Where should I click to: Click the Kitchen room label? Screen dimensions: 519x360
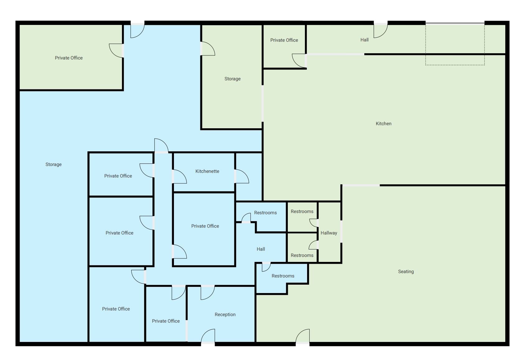(383, 124)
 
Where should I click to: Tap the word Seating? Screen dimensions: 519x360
(406, 271)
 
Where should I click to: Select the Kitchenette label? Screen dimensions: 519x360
(207, 171)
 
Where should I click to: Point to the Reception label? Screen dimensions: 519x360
(225, 315)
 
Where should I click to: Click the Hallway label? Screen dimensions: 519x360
(329, 233)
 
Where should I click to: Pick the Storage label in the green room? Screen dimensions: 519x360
(232, 79)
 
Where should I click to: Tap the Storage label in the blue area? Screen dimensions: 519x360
(54, 164)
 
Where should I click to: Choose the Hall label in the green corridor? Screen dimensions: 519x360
(364, 40)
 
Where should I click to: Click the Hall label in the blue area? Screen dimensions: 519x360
(261, 249)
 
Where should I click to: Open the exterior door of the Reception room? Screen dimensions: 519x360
(208, 336)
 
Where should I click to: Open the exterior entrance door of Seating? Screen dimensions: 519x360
(302, 336)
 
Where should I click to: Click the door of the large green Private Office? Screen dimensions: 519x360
(116, 50)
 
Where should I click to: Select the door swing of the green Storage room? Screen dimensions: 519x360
(208, 49)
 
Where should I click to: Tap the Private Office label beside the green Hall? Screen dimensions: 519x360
(284, 40)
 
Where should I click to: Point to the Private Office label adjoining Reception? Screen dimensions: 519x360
(166, 321)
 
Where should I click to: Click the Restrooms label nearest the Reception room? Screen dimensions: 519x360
(283, 276)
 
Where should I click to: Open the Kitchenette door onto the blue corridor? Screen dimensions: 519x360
(180, 177)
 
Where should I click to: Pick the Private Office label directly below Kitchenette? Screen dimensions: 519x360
(205, 226)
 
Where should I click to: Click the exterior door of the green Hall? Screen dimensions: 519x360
(381, 31)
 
